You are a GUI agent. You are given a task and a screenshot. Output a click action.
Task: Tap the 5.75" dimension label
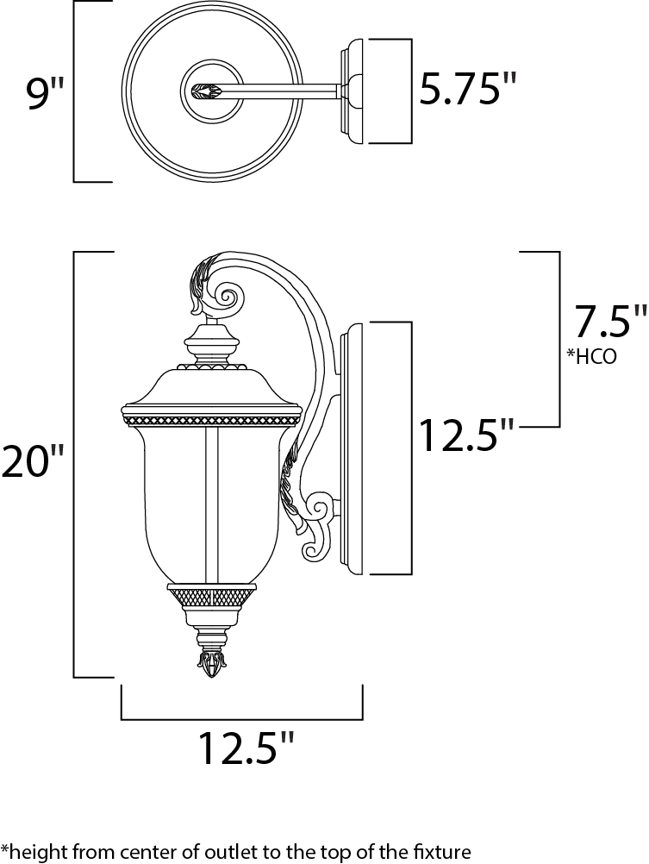pos(468,89)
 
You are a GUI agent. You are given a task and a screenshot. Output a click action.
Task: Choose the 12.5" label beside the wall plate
pos(467,435)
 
